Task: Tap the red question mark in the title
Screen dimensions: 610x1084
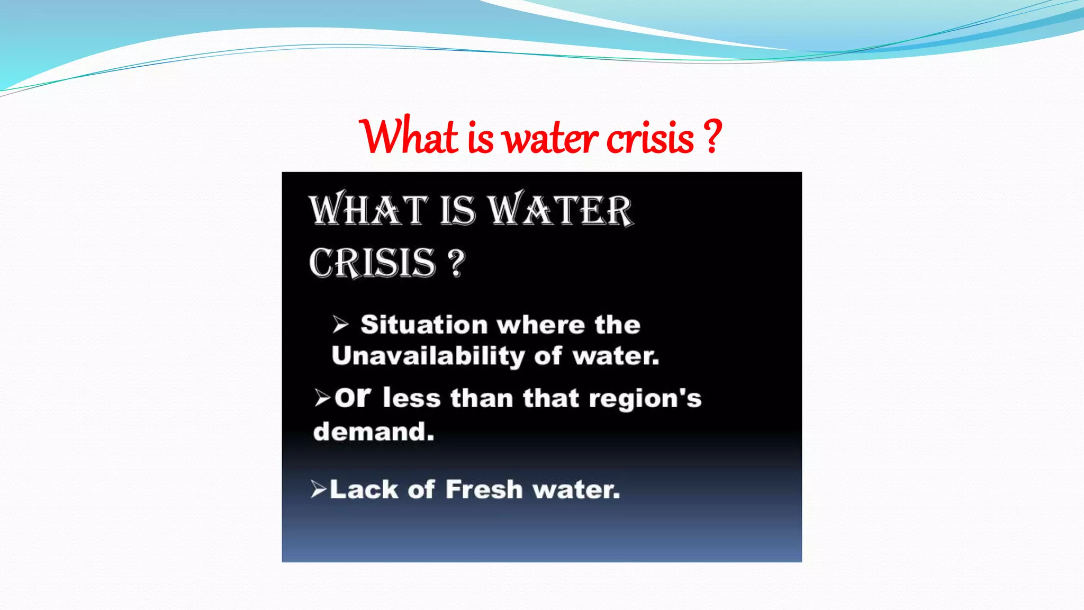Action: pyautogui.click(x=713, y=137)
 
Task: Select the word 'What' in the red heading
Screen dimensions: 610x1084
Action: pyautogui.click(x=409, y=137)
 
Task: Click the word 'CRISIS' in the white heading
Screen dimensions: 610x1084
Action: pyautogui.click(x=372, y=263)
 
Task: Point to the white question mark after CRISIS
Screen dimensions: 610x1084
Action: pyautogui.click(x=456, y=263)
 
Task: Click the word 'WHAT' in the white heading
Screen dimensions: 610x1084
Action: pyautogui.click(x=368, y=210)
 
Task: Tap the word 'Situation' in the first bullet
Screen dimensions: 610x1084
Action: pyautogui.click(x=423, y=325)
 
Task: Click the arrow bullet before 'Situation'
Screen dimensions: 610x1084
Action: pyautogui.click(x=340, y=324)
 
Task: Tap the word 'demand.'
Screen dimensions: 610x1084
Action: pyautogui.click(x=374, y=432)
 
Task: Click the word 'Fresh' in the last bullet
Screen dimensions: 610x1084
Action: pyautogui.click(x=484, y=489)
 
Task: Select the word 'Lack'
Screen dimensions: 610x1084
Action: pyautogui.click(x=363, y=489)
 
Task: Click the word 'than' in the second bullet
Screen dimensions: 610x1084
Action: pyautogui.click(x=482, y=398)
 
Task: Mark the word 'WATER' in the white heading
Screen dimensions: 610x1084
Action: pyautogui.click(x=560, y=210)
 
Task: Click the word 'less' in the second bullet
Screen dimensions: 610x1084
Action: pyautogui.click(x=411, y=398)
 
